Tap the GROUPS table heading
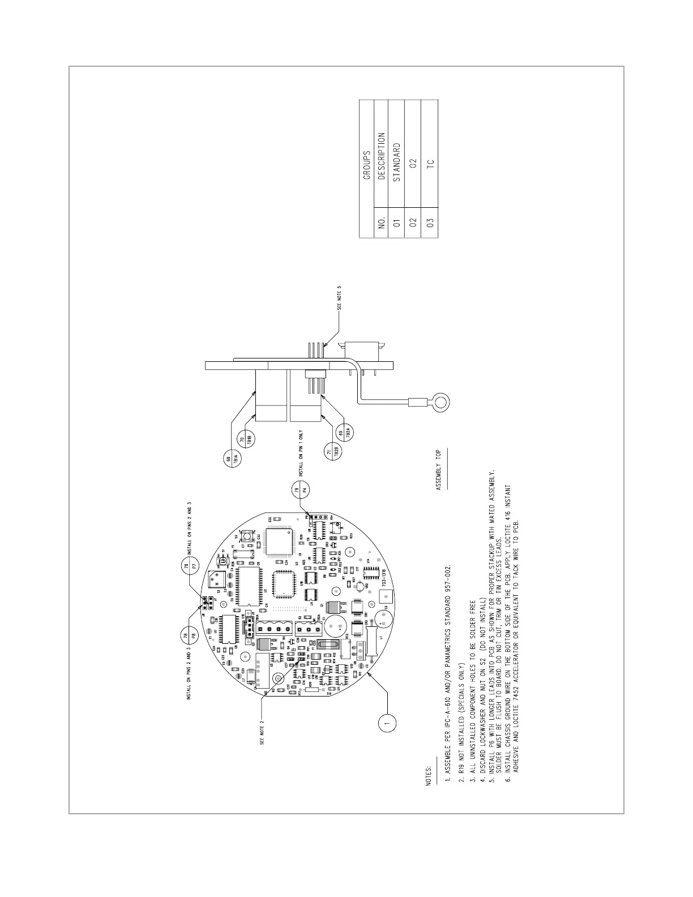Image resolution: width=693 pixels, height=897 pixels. (x=366, y=165)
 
